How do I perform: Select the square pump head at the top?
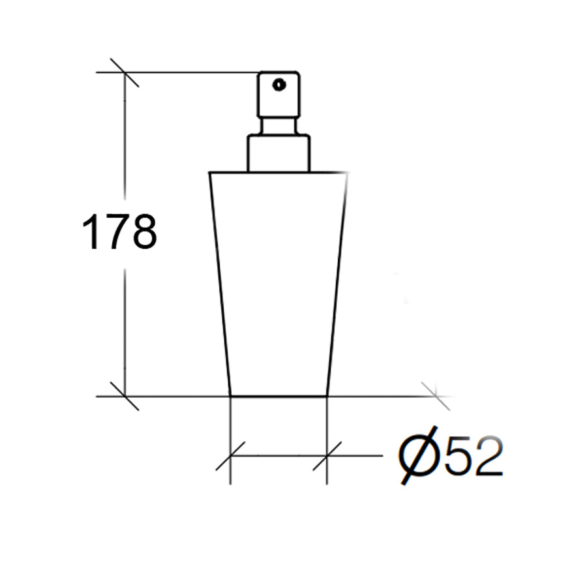pyautogui.click(x=278, y=95)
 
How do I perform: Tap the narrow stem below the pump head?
pyautogui.click(x=278, y=127)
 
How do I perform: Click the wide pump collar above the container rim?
pyautogui.click(x=278, y=153)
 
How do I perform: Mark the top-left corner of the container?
pyautogui.click(x=210, y=173)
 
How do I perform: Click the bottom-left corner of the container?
pyautogui.click(x=231, y=395)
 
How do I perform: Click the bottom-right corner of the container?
pyautogui.click(x=327, y=395)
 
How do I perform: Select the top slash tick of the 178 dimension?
pyautogui.click(x=124, y=72)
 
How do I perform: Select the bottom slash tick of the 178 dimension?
pyautogui.click(x=124, y=396)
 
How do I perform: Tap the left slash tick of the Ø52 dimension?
pyautogui.click(x=230, y=456)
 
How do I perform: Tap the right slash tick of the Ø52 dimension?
pyautogui.click(x=327, y=456)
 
